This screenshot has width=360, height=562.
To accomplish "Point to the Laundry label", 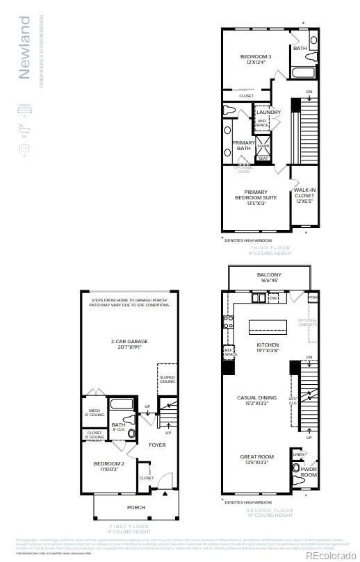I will [x=268, y=112].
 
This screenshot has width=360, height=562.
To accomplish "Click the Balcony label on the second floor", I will [x=268, y=275].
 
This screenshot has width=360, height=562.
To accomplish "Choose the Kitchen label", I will [x=268, y=345].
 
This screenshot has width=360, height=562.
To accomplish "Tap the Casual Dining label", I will [x=257, y=401].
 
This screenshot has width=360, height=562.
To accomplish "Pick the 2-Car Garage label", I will [x=130, y=344].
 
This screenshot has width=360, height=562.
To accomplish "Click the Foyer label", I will [x=157, y=445].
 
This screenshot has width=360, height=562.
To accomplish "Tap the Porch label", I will [x=136, y=507].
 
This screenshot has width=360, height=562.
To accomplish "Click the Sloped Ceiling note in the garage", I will [x=167, y=379].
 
